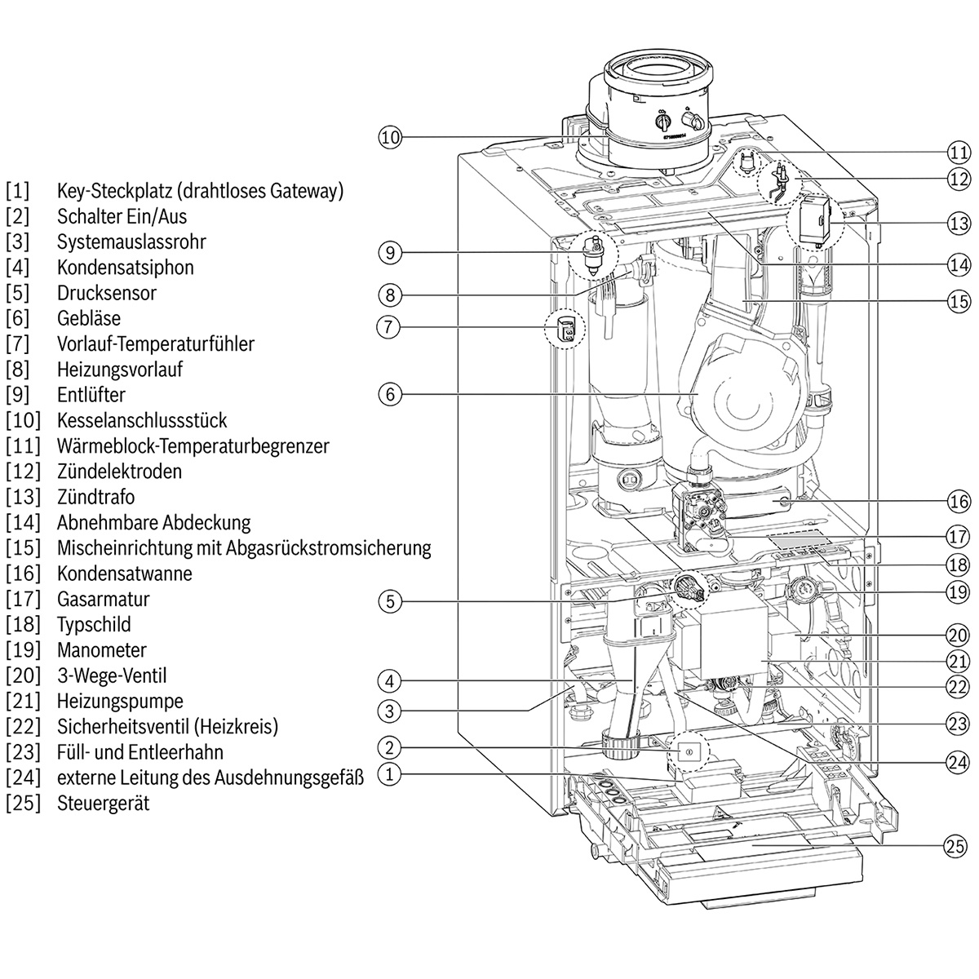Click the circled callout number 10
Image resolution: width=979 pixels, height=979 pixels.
[x=390, y=137]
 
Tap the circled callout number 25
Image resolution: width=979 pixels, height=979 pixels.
[x=956, y=846]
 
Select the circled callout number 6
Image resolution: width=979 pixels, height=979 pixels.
[x=390, y=394]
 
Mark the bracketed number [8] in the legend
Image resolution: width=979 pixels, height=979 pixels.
[x=17, y=370]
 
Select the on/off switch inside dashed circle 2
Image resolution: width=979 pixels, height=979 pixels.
[x=688, y=751]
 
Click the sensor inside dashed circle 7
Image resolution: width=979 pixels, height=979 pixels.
[x=565, y=330]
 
